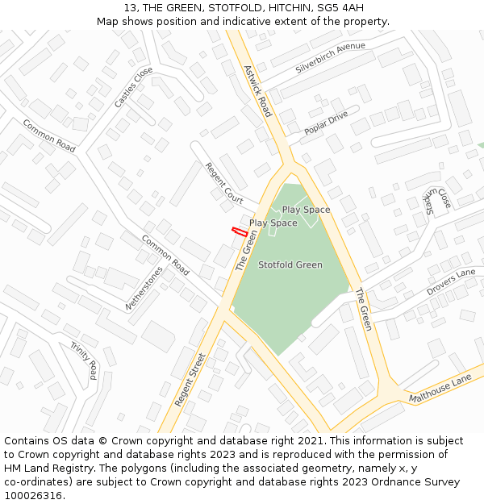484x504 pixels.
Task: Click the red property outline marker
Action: (240, 231)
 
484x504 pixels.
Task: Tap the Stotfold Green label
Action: (290, 264)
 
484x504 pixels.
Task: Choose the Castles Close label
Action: (133, 87)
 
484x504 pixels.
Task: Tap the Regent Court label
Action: (223, 182)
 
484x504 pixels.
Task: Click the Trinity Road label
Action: (83, 360)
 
